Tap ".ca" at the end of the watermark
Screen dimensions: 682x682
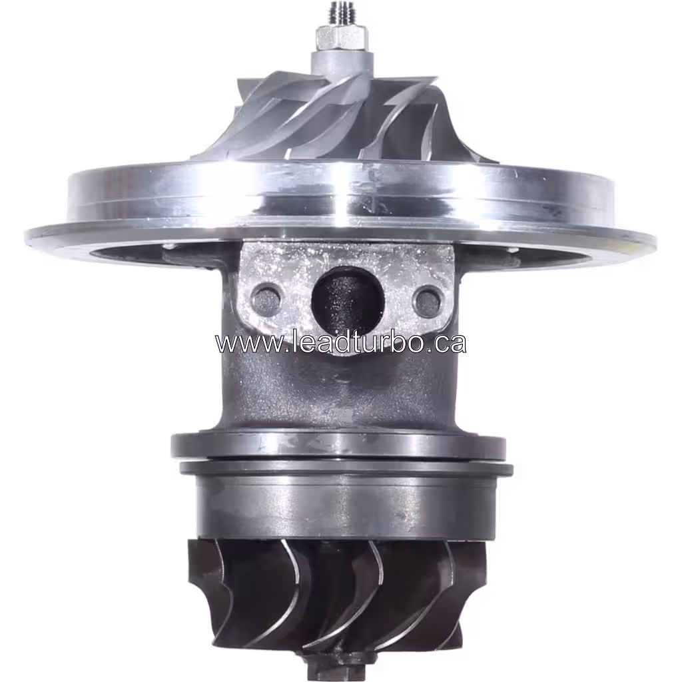pyautogui.click(x=448, y=344)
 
